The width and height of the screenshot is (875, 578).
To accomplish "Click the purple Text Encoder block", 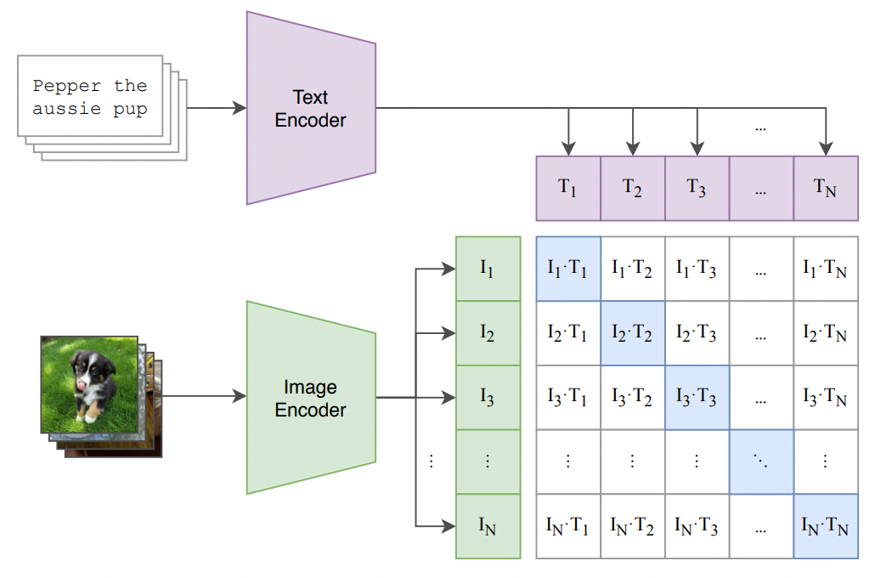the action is (311, 108).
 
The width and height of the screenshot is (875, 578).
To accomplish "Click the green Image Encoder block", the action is (311, 398).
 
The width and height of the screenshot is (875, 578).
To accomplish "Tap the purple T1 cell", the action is (568, 188).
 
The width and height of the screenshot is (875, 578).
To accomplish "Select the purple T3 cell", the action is (697, 188).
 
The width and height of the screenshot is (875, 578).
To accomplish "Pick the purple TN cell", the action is (826, 188).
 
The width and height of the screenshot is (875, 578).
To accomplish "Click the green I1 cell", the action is (488, 269).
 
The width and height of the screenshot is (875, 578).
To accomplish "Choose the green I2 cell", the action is (488, 333).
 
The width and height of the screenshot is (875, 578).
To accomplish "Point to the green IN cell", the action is (488, 526).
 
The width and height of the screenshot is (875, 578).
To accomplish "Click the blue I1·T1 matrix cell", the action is (568, 269).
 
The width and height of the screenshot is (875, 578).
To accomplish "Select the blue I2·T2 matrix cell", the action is (633, 333).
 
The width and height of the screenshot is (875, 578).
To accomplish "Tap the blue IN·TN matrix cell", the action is (826, 526).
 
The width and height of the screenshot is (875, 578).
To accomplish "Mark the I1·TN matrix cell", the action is (826, 269).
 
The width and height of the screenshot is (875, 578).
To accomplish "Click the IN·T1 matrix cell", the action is (568, 526).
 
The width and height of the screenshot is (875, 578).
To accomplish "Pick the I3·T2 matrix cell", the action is (633, 397).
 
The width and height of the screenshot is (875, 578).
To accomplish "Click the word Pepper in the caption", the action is (67, 87).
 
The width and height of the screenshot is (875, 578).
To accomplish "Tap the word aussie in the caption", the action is (67, 108).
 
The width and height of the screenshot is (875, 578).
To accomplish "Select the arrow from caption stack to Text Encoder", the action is (217, 108).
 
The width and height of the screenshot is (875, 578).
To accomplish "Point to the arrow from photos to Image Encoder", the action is (204, 396).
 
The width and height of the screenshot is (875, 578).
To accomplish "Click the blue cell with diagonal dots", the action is (761, 462).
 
